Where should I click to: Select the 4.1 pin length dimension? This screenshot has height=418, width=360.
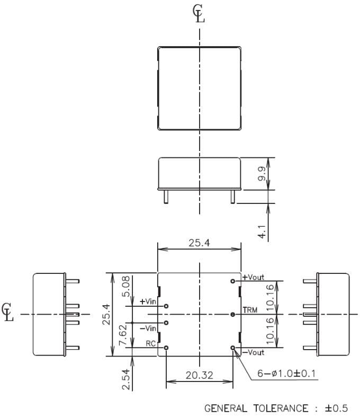pos(262,232)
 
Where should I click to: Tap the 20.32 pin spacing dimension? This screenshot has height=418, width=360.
pos(200,375)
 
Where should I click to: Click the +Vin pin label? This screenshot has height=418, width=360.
pos(148,302)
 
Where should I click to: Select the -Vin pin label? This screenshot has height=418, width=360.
pos(148,328)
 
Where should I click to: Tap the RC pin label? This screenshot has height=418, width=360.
pos(151,344)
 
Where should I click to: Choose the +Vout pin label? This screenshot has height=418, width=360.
pos(253,277)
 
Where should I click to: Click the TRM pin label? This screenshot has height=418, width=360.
pos(249,309)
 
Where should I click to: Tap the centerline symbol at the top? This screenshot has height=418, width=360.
pos(199,15)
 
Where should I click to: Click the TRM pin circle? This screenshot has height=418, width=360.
pos(233,314)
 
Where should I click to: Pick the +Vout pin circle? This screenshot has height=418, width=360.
pos(233,281)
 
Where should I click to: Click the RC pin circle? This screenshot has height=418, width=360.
pos(167,348)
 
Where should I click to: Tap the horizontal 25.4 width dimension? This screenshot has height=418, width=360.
pos(200,243)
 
